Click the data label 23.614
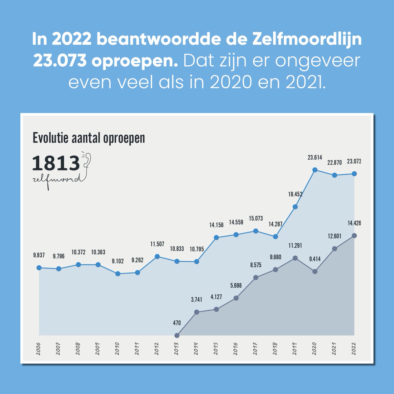click(x=315, y=158)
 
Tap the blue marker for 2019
click(x=295, y=207)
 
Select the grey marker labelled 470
click(x=177, y=335)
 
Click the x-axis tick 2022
click(x=354, y=349)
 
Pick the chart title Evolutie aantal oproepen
click(x=89, y=138)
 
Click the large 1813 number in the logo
click(x=56, y=163)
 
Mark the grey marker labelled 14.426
click(x=354, y=235)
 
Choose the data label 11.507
click(x=157, y=244)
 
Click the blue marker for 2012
click(x=157, y=256)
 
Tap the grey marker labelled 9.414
click(x=315, y=272)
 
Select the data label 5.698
click(x=236, y=286)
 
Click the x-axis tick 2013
click(x=177, y=349)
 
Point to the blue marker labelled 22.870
click(x=335, y=175)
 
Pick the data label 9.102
click(x=118, y=261)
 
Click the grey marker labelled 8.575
click(x=256, y=277)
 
